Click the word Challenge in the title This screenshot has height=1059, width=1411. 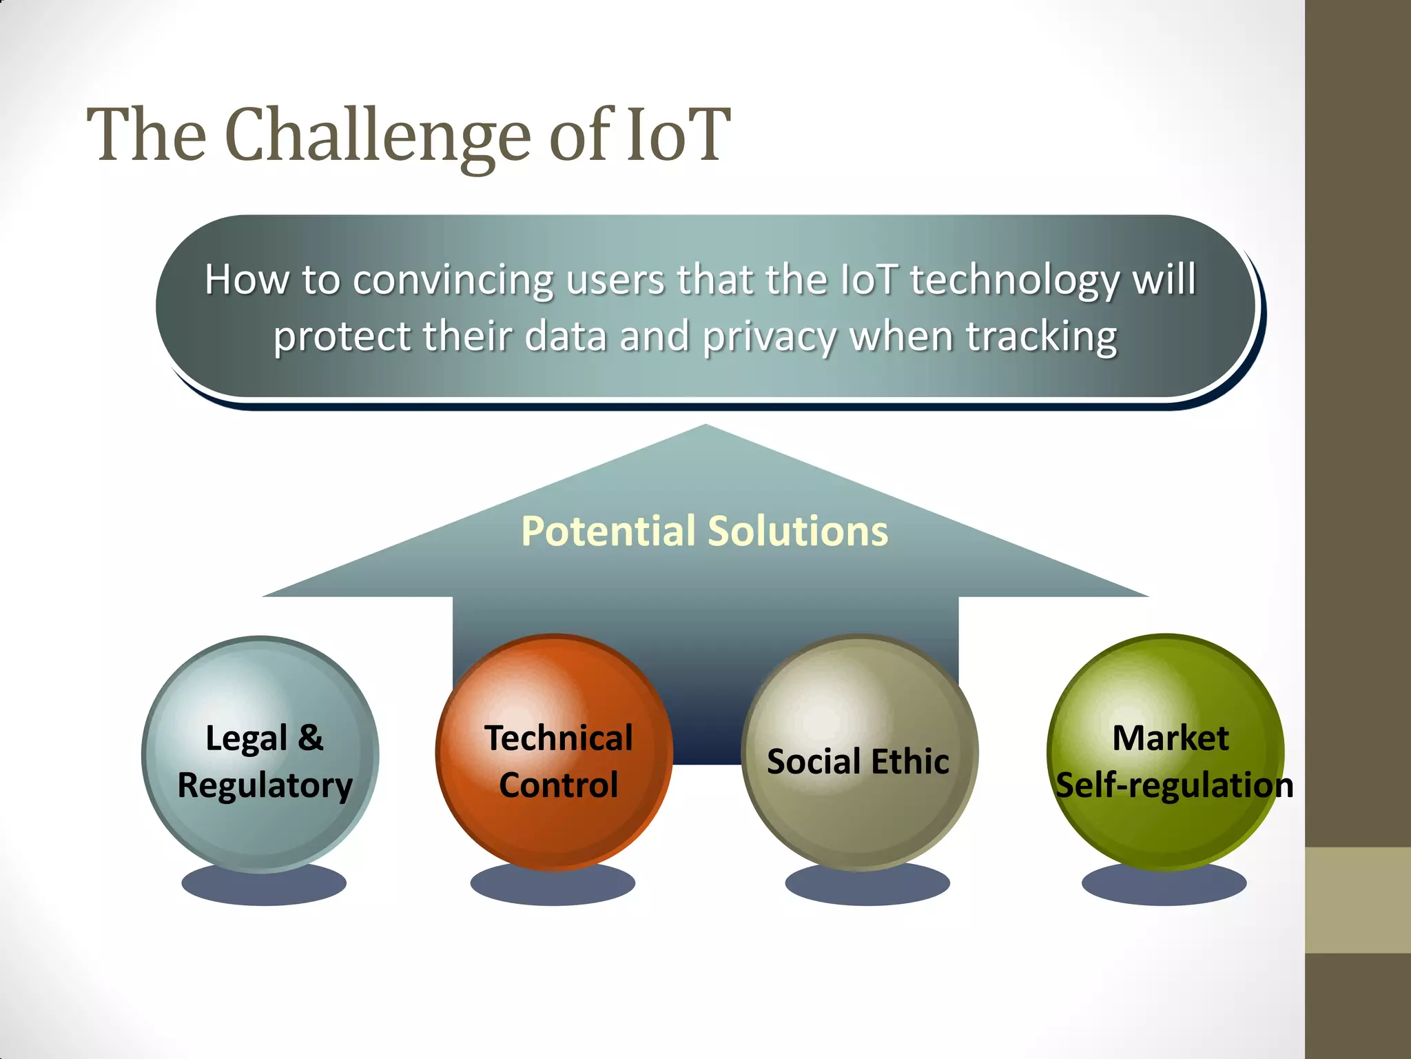377,136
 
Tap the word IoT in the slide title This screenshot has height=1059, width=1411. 677,136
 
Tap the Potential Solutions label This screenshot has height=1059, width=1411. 704,531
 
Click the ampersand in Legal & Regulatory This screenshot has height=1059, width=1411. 310,738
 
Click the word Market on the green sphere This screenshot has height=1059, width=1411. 1170,738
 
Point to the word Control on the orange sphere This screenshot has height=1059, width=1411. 558,785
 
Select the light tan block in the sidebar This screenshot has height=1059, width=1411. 1357,900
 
